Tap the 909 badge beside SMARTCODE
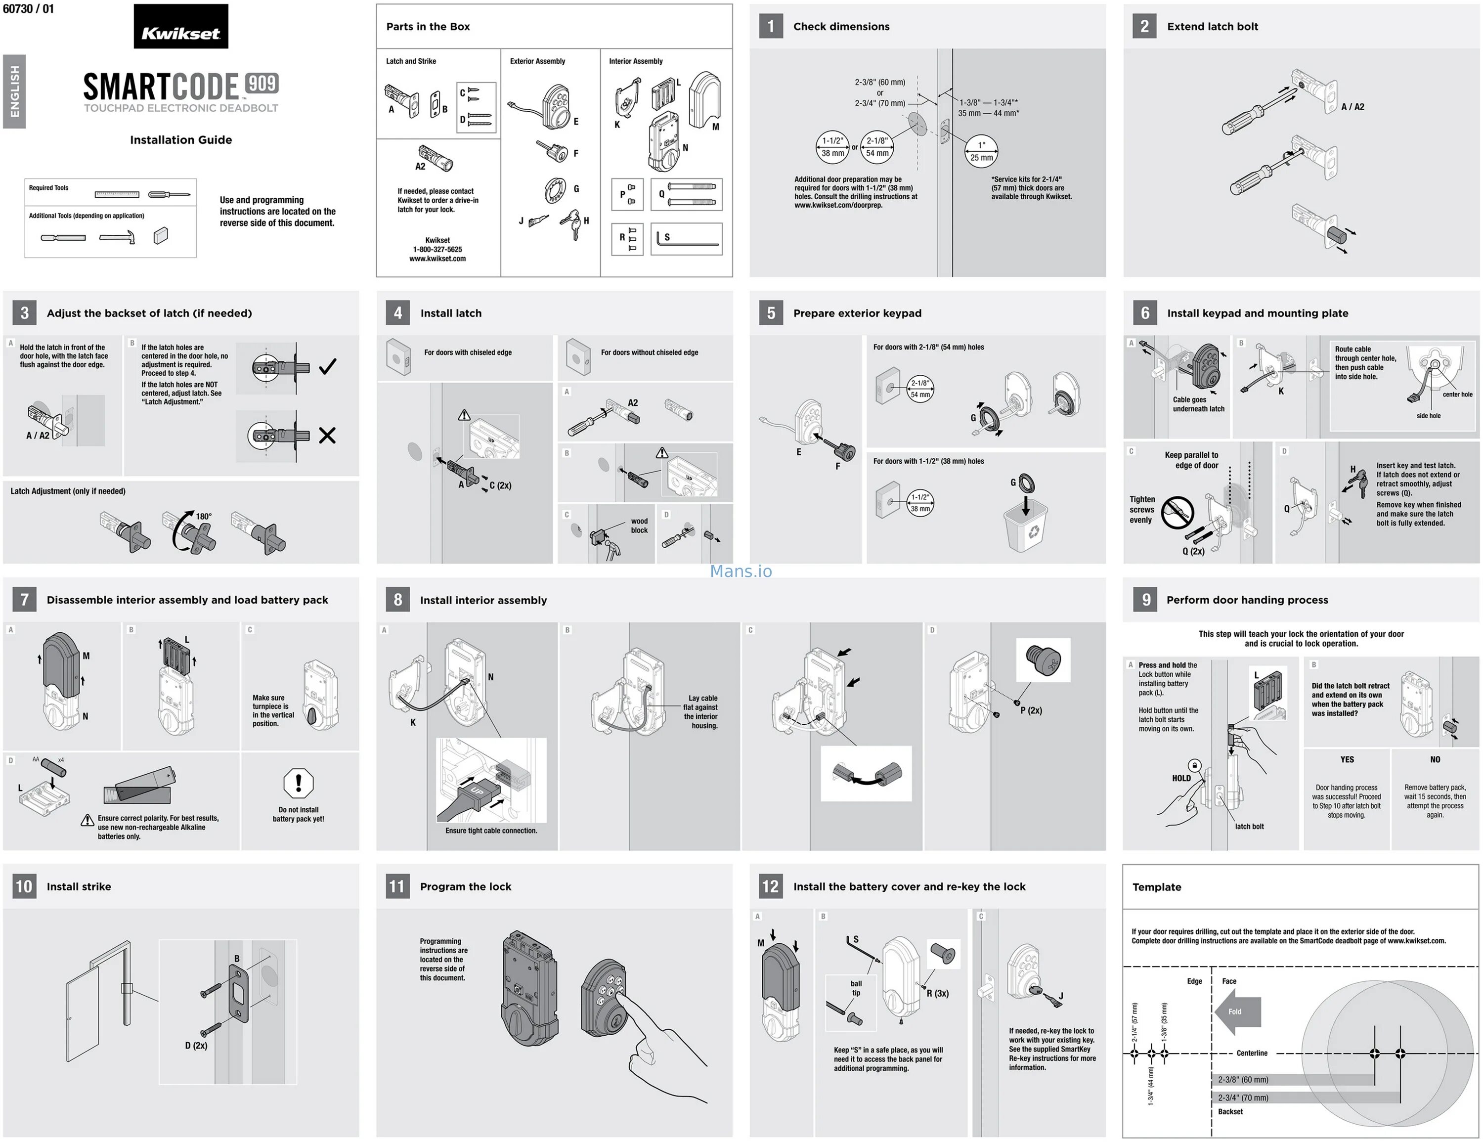262,84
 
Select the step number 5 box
771,313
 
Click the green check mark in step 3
327,367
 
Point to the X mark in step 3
327,435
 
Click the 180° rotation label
204,516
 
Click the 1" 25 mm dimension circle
981,151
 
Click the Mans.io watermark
741,571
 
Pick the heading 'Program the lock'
465,887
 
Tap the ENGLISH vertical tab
15,91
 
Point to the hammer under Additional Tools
118,237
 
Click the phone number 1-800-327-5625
437,249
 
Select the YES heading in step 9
1347,760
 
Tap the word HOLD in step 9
1181,778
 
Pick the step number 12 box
771,886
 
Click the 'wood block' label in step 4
639,526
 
